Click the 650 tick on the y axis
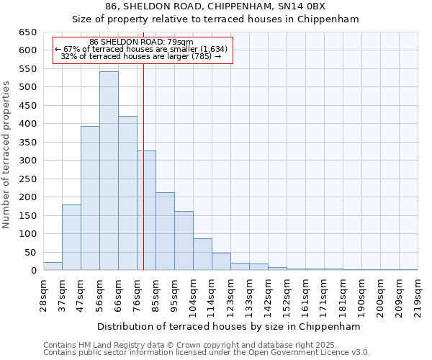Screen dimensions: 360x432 point(27,32)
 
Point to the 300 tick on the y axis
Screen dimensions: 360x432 point(27,161)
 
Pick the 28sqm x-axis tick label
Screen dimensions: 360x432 point(43,294)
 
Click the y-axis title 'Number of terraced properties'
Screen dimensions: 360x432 point(6,155)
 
